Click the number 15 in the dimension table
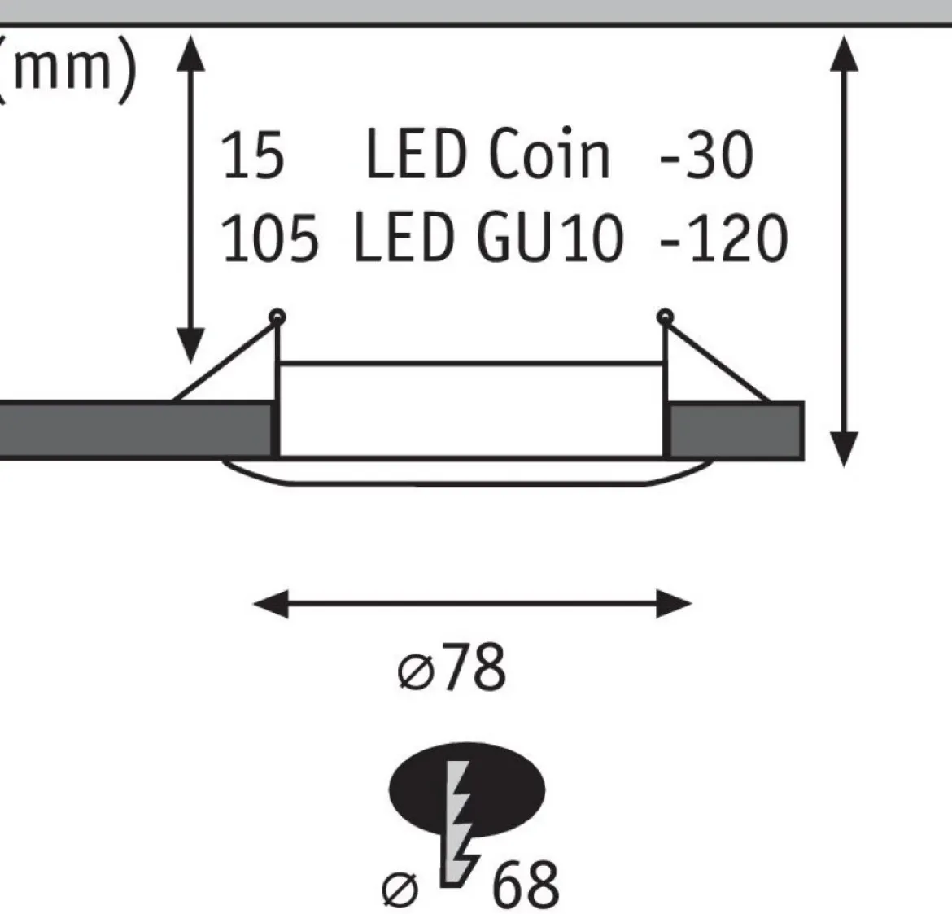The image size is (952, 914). point(252,155)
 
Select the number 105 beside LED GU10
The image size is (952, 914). point(269,238)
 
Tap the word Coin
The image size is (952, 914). point(548,154)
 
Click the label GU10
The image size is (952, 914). point(550,238)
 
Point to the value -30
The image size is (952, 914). point(706,155)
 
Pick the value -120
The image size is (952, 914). point(723,238)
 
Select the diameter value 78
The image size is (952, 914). point(474,667)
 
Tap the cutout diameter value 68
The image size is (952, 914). point(525,884)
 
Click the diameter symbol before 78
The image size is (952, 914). point(416,672)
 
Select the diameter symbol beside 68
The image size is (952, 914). point(400,890)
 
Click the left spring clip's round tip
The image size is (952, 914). point(277,317)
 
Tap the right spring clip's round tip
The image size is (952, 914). point(665,317)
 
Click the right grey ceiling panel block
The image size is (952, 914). point(736,430)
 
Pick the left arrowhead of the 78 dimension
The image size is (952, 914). point(271,604)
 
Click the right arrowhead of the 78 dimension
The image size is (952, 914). point(674,604)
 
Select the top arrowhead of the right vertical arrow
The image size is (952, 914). point(844,54)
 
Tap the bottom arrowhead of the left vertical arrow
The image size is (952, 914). point(190,345)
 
